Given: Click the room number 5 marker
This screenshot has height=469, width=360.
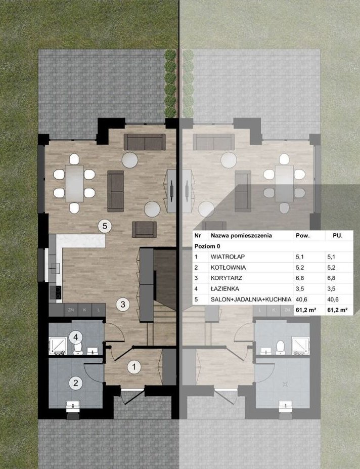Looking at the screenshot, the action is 105,226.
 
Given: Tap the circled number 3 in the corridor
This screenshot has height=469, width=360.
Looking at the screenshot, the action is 123,304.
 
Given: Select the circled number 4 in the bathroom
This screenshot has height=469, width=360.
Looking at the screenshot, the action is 75,337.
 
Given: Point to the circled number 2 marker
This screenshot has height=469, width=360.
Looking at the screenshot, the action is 75,383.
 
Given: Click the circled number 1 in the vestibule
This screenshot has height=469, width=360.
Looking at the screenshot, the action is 134,367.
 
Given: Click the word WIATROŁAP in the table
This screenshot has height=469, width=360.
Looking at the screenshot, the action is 228,257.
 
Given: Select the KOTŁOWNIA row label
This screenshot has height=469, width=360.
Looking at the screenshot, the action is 228,268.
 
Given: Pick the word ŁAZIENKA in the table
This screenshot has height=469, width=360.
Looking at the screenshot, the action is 225,289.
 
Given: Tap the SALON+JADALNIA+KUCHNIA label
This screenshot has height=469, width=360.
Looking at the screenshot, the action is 251,300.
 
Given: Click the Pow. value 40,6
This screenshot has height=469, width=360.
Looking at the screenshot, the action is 301,300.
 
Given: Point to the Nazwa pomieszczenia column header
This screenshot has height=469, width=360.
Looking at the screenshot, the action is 241,236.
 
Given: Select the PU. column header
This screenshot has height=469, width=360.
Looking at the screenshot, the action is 338,236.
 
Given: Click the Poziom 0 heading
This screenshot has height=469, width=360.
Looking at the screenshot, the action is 207,246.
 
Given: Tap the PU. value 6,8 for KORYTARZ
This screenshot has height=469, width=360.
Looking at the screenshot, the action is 331,278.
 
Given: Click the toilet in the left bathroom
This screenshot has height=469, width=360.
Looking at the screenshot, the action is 78,348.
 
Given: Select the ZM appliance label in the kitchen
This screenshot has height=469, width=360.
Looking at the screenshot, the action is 71,310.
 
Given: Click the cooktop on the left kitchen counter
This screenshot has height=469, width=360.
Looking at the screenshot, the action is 56,292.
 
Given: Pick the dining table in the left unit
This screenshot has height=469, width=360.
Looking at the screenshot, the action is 74,183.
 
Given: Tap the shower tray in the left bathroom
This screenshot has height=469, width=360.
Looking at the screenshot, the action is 58,346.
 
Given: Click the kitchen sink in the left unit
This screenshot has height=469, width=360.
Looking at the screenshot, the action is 55,268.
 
